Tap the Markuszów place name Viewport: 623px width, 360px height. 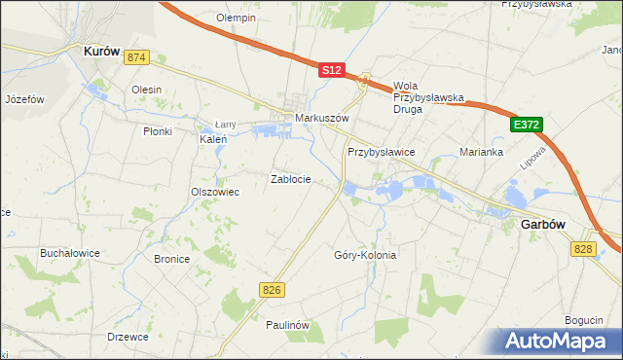coord(321,120)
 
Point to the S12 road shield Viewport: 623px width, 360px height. coord(332,70)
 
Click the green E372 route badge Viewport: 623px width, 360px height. coord(524,125)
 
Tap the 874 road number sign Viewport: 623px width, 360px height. coord(135,58)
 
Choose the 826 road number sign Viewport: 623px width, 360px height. coord(273,290)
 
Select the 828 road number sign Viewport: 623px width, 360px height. coord(582,250)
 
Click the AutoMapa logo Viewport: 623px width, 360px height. coord(558,341)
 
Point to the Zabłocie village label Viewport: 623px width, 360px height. coord(290,179)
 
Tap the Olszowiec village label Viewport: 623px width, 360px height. coord(215,192)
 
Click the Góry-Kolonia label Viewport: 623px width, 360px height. coord(365,255)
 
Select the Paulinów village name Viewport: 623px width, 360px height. coord(287,325)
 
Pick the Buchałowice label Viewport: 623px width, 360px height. coord(70,253)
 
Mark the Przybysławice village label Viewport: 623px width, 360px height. coord(382,153)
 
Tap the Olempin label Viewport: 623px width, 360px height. coord(236,18)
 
